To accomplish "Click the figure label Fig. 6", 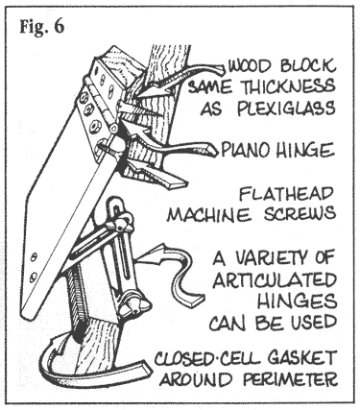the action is (x=42, y=27).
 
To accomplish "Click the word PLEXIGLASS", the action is (x=286, y=109).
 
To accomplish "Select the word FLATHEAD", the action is (x=286, y=193).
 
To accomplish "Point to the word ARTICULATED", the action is (x=275, y=280).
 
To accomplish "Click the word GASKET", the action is (x=301, y=358).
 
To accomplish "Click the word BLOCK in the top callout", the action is (x=308, y=66).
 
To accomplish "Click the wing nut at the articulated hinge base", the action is (x=134, y=304).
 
